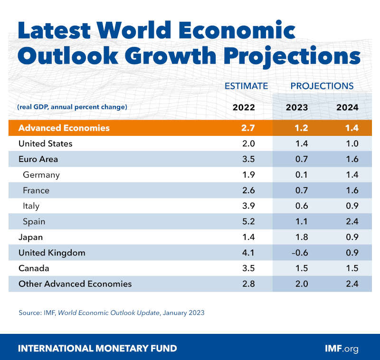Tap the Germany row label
[x=41, y=175]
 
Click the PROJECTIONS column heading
[x=322, y=86]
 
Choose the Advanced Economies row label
[x=64, y=128]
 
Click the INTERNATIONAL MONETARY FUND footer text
[x=97, y=348]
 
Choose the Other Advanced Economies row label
[x=75, y=284]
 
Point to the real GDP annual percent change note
[x=72, y=107]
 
